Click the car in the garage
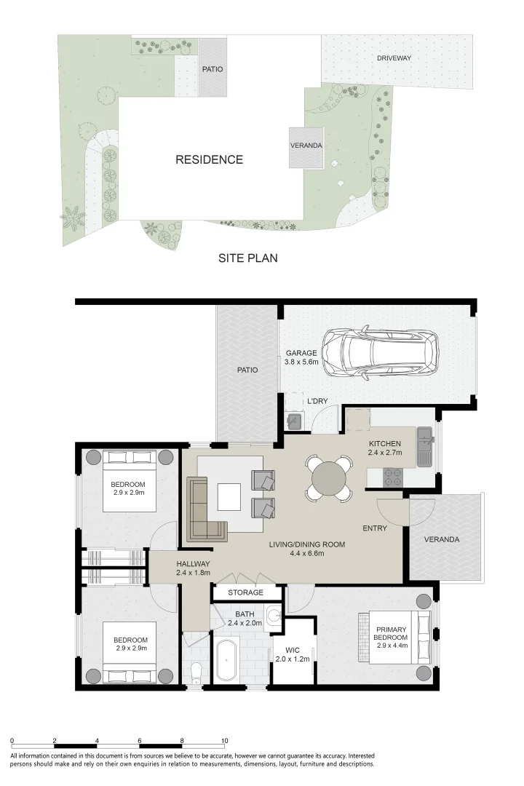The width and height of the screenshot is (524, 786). coord(381,353)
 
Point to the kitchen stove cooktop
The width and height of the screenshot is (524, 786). coord(393,477)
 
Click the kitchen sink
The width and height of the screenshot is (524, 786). coord(424,438)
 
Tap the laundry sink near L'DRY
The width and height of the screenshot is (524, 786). coord(294,420)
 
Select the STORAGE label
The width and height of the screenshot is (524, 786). coord(245,592)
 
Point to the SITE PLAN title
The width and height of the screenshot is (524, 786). coord(248,258)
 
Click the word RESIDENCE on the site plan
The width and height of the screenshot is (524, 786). coord(209,159)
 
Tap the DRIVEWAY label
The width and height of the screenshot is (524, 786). coord(394,57)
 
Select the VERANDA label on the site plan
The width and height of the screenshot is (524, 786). coord(306,146)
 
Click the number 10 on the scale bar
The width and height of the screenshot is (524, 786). coord(225,740)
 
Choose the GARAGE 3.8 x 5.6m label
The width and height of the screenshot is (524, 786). coord(301,357)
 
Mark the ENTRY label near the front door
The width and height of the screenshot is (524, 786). coord(375,528)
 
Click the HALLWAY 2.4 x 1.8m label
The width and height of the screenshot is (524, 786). coord(193,568)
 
